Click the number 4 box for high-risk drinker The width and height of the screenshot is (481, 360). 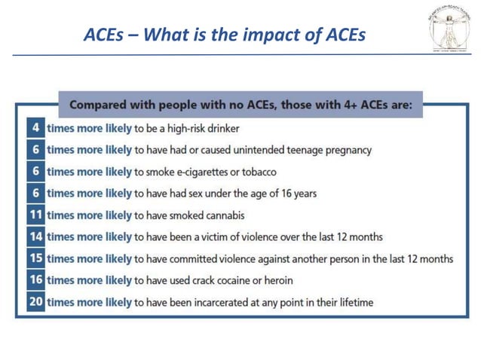tap(35, 128)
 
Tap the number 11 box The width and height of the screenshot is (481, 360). tap(35, 215)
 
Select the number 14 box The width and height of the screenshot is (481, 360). tap(35, 236)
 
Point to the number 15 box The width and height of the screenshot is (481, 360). tap(35, 258)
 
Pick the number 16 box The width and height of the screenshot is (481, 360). tap(35, 280)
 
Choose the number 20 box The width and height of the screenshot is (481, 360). tap(35, 303)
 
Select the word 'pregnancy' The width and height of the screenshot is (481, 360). tap(346, 150)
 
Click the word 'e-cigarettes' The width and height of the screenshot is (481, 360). tap(203, 172)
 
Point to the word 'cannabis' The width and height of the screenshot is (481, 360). tap(222, 215)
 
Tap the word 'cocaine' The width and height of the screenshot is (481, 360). tap(246, 281)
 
